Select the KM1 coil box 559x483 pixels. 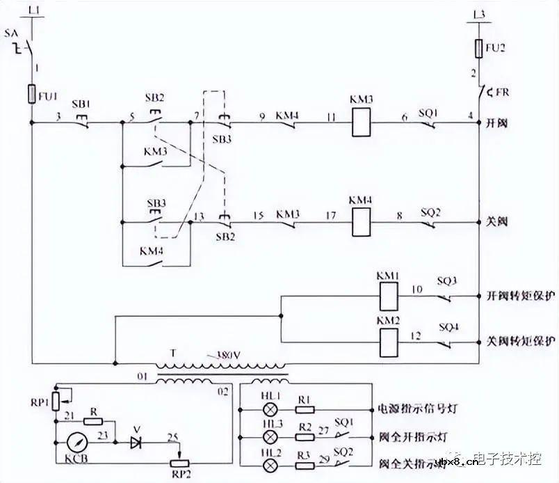point(387,297)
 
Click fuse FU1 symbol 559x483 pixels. point(32,94)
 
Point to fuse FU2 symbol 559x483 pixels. point(478,49)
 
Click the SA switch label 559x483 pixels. point(11,33)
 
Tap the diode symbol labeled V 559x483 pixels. point(137,440)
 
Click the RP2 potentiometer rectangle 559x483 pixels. point(179,464)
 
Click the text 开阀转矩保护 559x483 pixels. point(519,296)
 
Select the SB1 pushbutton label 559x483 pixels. point(81,104)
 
